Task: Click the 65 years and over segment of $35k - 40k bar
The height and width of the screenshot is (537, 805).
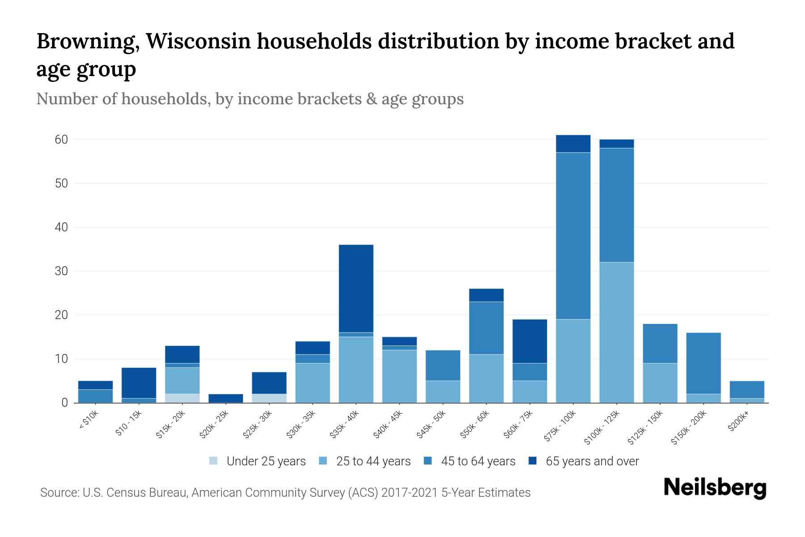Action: coord(356,288)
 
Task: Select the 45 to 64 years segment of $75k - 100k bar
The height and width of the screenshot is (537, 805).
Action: coord(573,236)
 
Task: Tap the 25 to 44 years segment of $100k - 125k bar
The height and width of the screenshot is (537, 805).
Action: coord(616,332)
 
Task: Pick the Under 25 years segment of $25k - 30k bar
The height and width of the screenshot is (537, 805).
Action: coord(269,398)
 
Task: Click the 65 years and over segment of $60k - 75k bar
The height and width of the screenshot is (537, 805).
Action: coord(530,341)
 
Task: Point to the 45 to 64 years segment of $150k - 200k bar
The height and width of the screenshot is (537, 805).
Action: coord(703,363)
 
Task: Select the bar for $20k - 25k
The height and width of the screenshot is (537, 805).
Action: coord(226,398)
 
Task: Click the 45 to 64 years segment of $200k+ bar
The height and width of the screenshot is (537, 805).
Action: coord(746,389)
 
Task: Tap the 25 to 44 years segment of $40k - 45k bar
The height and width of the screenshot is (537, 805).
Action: coord(399,376)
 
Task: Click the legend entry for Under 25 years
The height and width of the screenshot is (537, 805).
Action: coord(258,461)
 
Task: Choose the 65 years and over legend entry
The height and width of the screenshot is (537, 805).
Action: coord(584,461)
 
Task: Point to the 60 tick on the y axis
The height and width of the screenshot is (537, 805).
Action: coord(61,140)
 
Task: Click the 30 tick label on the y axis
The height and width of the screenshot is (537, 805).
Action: coord(61,271)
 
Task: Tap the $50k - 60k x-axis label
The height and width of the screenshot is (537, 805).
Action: coord(476,424)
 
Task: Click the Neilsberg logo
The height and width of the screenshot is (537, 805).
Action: coord(715,488)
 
